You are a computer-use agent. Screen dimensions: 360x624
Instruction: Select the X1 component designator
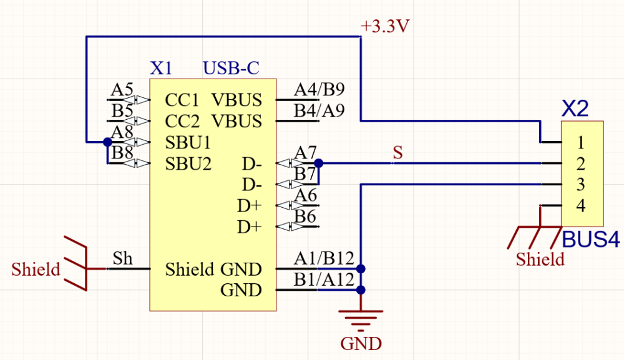[x=161, y=68]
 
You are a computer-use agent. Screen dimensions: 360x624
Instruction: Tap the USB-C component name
[x=231, y=68]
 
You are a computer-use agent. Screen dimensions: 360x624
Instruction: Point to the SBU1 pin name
[x=188, y=142]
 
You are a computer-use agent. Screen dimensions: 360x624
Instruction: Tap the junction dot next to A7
[x=319, y=163]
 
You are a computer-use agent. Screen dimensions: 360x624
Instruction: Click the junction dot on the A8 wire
[x=107, y=142]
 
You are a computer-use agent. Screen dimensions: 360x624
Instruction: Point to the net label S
[x=396, y=152]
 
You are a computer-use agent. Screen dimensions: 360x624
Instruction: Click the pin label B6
[x=305, y=216]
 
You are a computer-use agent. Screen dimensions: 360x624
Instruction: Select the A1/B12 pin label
[x=324, y=259]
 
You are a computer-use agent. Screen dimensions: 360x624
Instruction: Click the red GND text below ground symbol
[x=361, y=343]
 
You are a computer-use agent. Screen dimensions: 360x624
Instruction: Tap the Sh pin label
[x=122, y=258]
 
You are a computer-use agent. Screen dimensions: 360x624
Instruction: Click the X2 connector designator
[x=575, y=109]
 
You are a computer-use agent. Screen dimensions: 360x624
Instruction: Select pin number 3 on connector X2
[x=580, y=185]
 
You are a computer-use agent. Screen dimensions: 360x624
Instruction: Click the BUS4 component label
[x=591, y=239]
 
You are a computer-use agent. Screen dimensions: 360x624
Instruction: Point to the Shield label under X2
[x=540, y=259]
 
